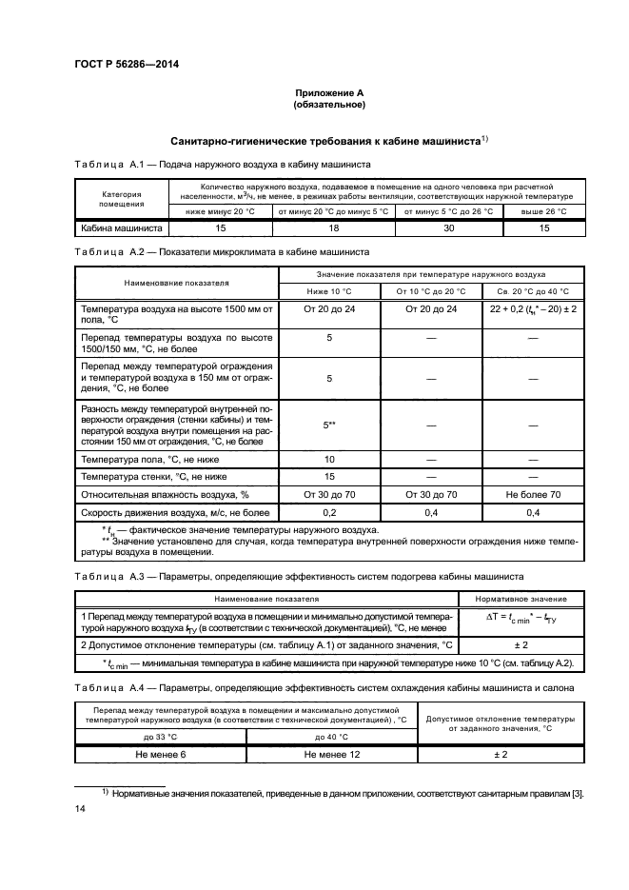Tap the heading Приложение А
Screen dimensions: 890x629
(x=329, y=92)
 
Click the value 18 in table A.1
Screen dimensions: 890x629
(x=332, y=228)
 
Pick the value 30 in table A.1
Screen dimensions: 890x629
(x=448, y=228)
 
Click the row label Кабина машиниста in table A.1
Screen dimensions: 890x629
(x=123, y=228)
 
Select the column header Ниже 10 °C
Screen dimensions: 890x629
(x=328, y=291)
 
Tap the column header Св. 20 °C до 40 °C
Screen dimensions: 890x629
(x=533, y=291)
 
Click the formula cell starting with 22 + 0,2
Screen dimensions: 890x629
(x=533, y=309)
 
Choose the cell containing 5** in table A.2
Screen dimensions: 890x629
(x=328, y=425)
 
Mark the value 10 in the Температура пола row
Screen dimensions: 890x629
(x=328, y=459)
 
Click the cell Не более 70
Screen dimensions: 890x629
(x=533, y=495)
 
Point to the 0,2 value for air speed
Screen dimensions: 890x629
(x=328, y=512)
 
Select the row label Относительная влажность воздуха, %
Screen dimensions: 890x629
(x=165, y=495)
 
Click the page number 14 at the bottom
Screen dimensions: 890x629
(x=80, y=808)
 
